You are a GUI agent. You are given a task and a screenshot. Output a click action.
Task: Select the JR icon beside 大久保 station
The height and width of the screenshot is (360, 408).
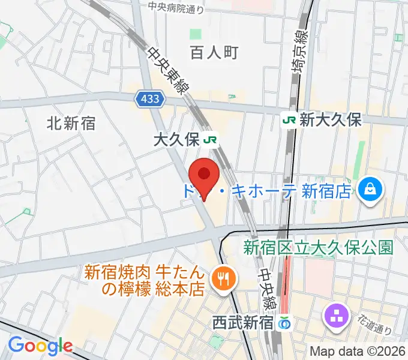(x=211, y=140)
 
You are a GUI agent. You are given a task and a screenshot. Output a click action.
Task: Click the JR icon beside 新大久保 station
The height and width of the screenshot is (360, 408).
(x=289, y=119)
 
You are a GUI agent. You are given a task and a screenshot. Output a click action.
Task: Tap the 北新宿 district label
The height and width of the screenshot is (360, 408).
(x=71, y=124)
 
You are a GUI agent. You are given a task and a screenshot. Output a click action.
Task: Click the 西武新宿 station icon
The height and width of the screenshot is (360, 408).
(x=284, y=323)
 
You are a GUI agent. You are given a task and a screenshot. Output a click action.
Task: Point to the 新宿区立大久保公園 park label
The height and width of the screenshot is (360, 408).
(x=318, y=247)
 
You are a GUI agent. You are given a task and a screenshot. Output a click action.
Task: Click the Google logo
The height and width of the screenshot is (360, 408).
(x=40, y=346)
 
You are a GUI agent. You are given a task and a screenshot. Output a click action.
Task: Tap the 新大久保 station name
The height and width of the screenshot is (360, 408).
(x=331, y=119)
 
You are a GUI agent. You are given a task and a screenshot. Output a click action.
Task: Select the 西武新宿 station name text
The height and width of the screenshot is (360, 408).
(x=242, y=323)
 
